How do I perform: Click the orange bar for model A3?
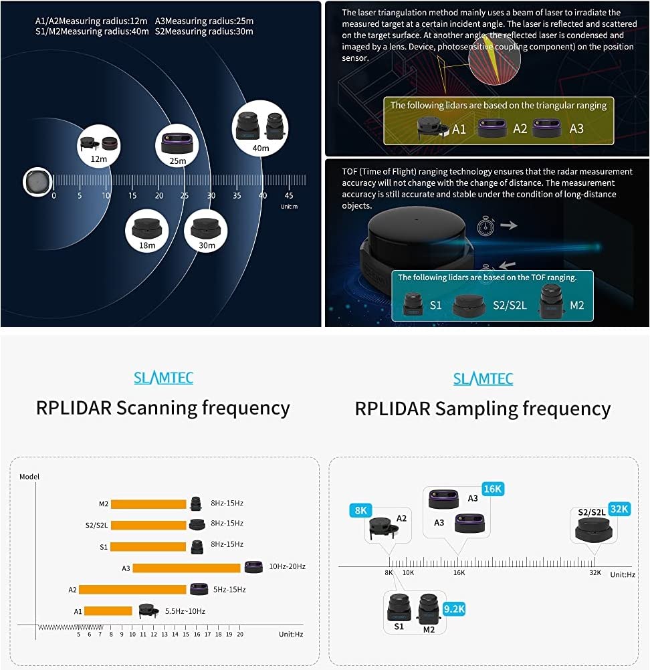[x=187, y=568]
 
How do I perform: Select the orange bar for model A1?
[x=108, y=610]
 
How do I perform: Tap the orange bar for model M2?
[x=148, y=504]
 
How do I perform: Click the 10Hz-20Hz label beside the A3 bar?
[x=287, y=567]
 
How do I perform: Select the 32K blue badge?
[x=619, y=509]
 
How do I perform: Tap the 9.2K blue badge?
[x=453, y=608]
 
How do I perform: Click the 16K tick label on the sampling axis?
[x=459, y=573]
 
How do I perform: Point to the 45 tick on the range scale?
[x=289, y=195]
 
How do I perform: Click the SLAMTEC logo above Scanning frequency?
[x=163, y=378]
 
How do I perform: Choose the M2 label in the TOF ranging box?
[x=576, y=305]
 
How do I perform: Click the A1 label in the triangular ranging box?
[x=459, y=129]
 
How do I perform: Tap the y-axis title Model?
[x=29, y=477]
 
